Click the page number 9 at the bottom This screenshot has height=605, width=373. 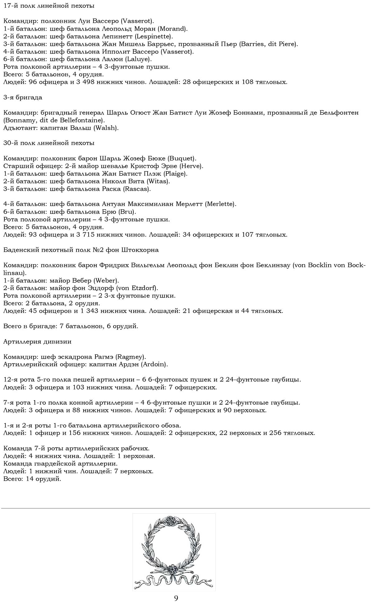pyautogui.click(x=176, y=598)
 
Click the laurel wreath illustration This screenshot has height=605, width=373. pyautogui.click(x=174, y=552)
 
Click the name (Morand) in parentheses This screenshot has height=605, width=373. pyautogui.click(x=173, y=29)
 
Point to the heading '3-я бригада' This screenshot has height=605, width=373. pyautogui.click(x=23, y=98)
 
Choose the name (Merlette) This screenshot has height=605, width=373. pyautogui.click(x=220, y=204)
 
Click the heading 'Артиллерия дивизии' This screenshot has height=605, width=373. pyautogui.click(x=37, y=342)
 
